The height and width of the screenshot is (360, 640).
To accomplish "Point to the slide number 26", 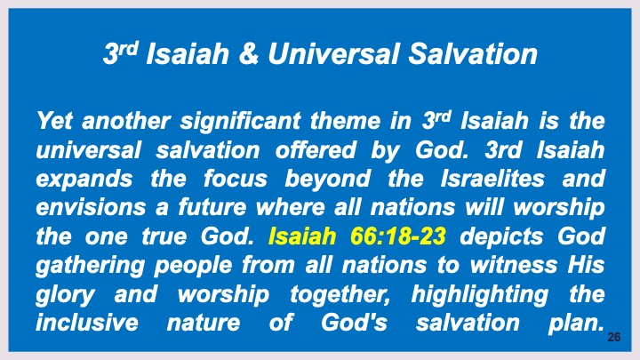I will click(x=612, y=339).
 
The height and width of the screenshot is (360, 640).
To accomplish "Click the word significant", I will click(x=234, y=119).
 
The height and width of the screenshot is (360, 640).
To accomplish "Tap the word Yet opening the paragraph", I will click(x=55, y=119).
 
